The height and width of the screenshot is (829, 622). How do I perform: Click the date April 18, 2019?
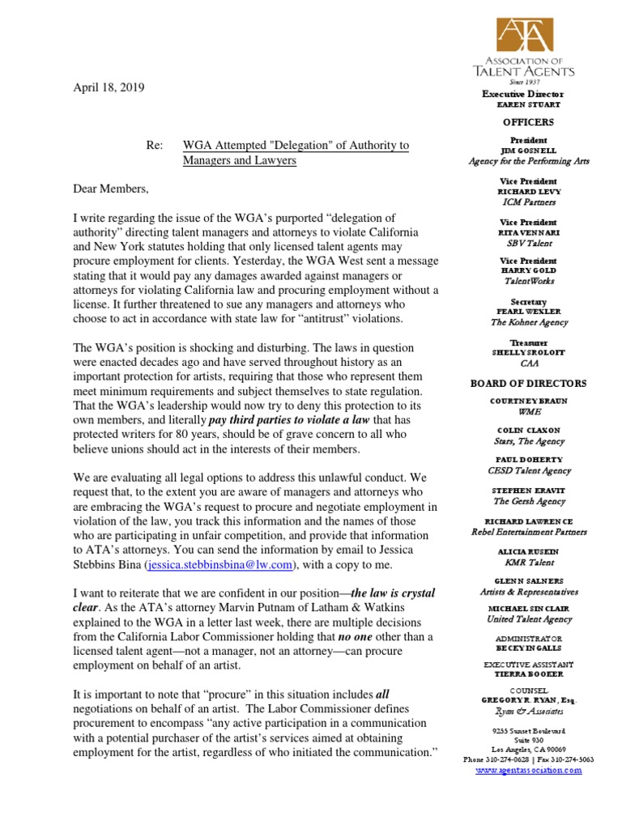pyautogui.click(x=109, y=87)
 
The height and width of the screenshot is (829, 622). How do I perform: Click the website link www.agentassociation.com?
pyautogui.click(x=528, y=770)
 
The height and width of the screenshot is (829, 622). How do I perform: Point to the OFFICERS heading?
pyautogui.click(x=528, y=122)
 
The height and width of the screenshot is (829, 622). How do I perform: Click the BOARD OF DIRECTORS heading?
pyautogui.click(x=528, y=383)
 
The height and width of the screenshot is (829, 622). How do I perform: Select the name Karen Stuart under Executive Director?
pyautogui.click(x=528, y=105)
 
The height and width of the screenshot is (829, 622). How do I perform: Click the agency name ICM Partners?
pyautogui.click(x=528, y=202)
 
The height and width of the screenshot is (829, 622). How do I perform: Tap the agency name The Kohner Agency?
pyautogui.click(x=528, y=322)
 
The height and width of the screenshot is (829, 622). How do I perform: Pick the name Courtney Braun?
pyautogui.click(x=528, y=401)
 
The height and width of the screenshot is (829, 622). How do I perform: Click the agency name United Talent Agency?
pyautogui.click(x=528, y=619)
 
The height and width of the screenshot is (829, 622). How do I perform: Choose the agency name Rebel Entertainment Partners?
pyautogui.click(x=528, y=532)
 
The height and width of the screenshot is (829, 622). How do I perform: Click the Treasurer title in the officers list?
pyautogui.click(x=528, y=342)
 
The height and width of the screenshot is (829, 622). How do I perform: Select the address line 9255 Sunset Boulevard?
pyautogui.click(x=528, y=731)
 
